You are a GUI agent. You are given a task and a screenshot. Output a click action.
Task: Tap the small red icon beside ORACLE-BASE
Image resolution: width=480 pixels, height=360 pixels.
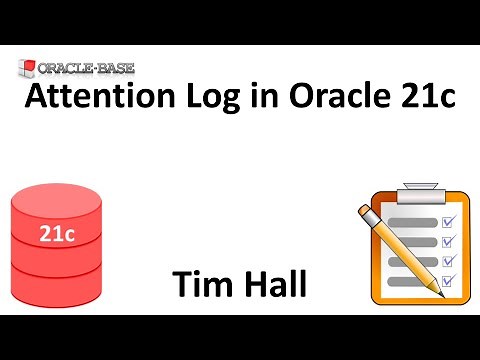(26, 70)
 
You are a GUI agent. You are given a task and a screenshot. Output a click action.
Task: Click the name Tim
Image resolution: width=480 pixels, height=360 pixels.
(200, 283)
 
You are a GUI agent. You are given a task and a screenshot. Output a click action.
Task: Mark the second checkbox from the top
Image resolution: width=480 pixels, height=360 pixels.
(449, 241)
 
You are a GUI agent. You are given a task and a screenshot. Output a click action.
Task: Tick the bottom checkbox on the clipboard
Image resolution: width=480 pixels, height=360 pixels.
(449, 283)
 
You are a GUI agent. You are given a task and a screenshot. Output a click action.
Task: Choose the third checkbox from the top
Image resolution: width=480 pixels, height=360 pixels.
(449, 262)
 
